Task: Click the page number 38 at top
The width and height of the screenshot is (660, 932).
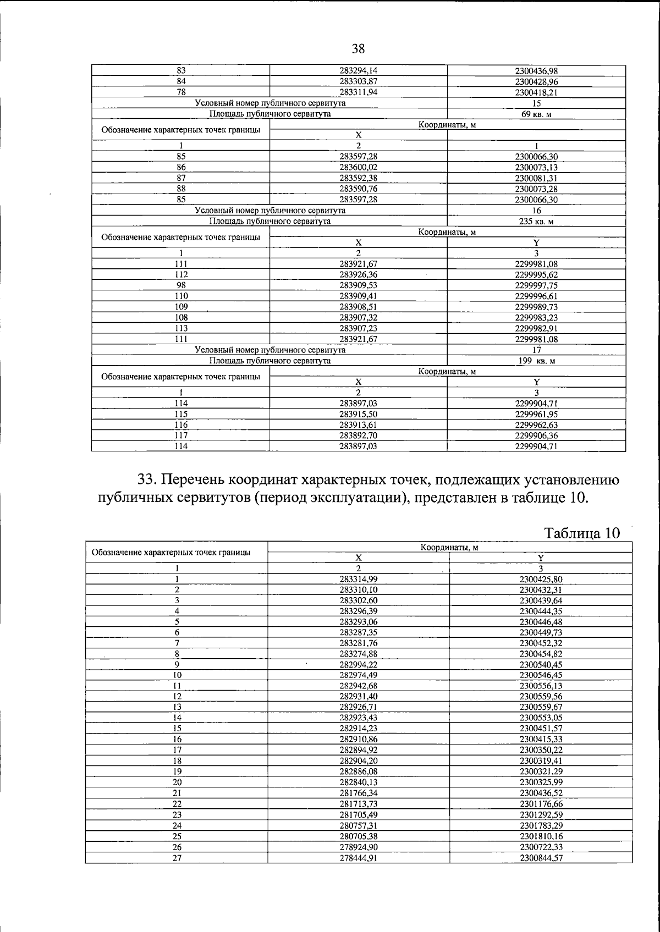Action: (358, 49)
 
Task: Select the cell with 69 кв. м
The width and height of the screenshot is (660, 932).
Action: (536, 114)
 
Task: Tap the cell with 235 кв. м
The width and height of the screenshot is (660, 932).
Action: (536, 221)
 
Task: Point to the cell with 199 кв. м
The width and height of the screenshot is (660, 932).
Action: (536, 361)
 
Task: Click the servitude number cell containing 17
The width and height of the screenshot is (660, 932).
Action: (537, 350)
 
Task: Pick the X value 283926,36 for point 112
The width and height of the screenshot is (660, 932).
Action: (358, 274)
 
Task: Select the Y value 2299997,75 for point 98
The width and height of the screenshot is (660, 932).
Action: (536, 285)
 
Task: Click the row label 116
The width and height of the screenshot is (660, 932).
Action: (181, 425)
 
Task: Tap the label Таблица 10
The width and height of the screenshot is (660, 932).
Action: (581, 533)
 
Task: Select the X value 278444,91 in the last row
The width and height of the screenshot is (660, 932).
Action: (358, 858)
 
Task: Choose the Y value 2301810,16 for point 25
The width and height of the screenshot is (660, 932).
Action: (541, 836)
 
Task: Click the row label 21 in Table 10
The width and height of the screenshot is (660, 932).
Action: (177, 793)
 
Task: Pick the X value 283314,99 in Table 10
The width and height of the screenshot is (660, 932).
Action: (358, 579)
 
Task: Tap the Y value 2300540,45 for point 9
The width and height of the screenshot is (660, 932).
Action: (541, 665)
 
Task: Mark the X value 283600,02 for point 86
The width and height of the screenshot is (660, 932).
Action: (358, 167)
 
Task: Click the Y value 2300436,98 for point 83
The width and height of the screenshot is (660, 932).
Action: (536, 71)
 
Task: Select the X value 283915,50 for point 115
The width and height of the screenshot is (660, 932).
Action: (358, 414)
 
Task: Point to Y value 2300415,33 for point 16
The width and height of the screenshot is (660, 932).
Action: (541, 740)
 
